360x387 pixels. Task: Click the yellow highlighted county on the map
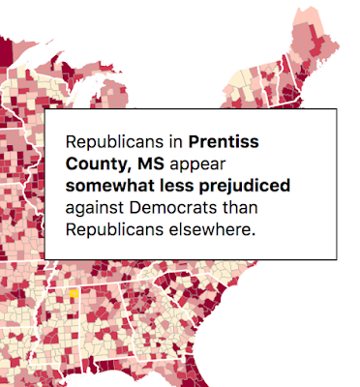[x=75, y=293]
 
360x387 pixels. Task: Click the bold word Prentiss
[x=224, y=141]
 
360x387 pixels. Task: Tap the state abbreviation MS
[x=151, y=164]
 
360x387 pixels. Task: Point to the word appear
[x=197, y=165]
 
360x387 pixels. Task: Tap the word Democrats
[x=173, y=208]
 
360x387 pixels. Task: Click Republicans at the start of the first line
[x=114, y=142]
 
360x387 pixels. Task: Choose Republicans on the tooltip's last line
[x=114, y=230]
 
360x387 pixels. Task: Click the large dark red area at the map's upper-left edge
[x=6, y=51]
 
